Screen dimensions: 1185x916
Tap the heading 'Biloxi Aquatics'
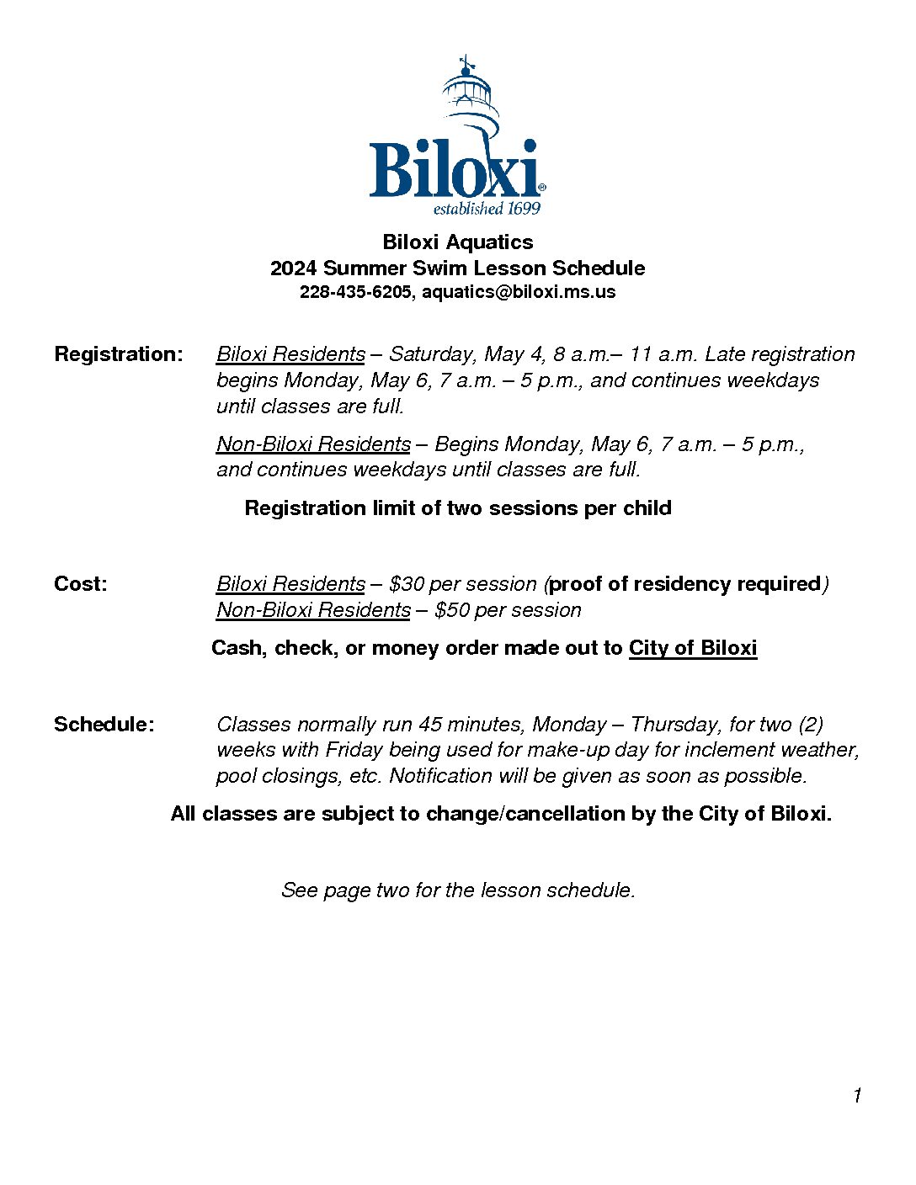pos(457,242)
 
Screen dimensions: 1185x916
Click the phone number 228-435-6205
pos(354,292)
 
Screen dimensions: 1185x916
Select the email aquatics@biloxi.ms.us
pos(519,292)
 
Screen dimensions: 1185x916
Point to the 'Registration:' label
pos(118,354)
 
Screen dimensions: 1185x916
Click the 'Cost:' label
pos(81,584)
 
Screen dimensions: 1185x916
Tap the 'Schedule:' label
pos(104,725)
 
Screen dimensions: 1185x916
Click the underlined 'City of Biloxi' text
pos(693,648)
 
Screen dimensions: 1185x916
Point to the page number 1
pos(857,1096)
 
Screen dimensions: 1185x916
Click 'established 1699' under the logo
pos(487,209)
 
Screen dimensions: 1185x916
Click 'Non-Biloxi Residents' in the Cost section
pos(313,610)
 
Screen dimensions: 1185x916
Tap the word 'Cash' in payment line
pos(236,648)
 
